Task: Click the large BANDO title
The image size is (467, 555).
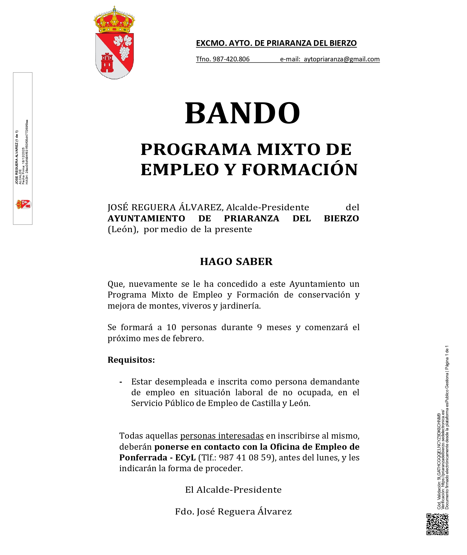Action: [242, 113]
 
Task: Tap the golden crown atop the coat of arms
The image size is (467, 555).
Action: [114, 21]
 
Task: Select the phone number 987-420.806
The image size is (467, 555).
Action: [231, 59]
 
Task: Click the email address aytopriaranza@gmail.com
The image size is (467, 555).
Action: [341, 59]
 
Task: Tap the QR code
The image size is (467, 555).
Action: [437, 524]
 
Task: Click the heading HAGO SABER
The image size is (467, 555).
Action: [236, 262]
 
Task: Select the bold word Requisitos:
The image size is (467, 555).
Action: [131, 360]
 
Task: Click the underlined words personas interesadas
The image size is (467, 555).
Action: [222, 436]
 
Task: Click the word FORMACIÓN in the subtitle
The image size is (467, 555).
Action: [300, 170]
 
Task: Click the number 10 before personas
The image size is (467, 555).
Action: [171, 327]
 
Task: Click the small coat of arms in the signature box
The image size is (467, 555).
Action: [24, 204]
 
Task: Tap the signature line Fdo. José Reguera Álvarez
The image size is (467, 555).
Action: [233, 511]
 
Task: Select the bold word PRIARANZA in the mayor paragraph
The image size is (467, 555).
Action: [251, 219]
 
